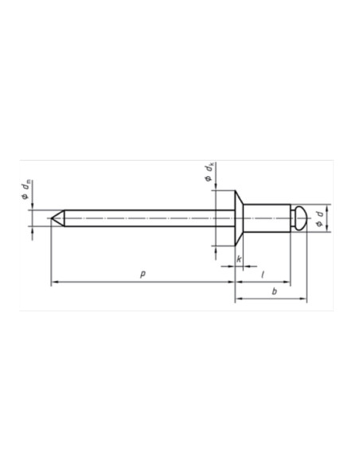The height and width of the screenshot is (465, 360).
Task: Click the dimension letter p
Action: (x=142, y=273)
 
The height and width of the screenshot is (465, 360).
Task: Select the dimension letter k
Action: (x=239, y=260)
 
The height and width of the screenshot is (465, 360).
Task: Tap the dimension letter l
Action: (x=263, y=273)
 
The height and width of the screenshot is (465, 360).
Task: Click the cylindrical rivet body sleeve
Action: (x=266, y=217)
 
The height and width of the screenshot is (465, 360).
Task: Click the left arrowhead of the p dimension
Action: (x=53, y=282)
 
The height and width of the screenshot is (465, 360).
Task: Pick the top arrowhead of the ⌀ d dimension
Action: (x=327, y=207)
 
